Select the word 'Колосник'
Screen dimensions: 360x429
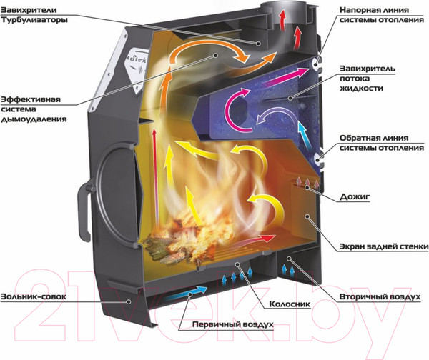click(x=290, y=304)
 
